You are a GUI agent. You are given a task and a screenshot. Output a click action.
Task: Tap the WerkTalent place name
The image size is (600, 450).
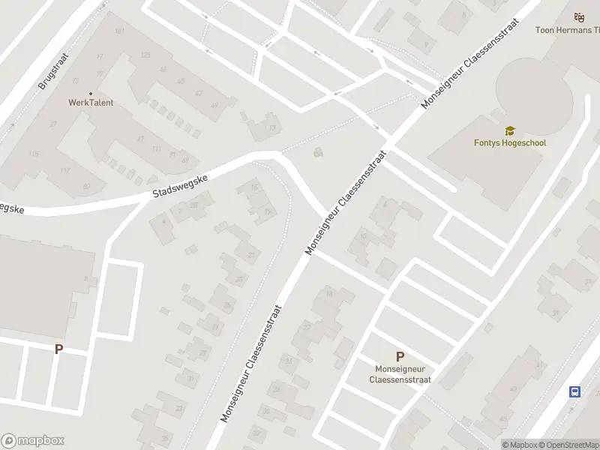(91, 103)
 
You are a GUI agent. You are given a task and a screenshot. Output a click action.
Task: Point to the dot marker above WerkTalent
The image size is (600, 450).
(91, 93)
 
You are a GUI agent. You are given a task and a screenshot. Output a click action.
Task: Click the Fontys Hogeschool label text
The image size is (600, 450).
(510, 142)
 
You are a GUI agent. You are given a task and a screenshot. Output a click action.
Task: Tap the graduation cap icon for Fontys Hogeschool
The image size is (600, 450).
(510, 130)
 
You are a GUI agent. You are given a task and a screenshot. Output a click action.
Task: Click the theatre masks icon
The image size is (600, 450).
(578, 16)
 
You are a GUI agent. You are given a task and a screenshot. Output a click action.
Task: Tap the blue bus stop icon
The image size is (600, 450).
(575, 391)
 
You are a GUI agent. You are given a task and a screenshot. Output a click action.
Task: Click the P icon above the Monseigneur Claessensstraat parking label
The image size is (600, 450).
(400, 357)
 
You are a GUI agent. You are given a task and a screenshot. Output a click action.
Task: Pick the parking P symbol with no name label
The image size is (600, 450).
(58, 349)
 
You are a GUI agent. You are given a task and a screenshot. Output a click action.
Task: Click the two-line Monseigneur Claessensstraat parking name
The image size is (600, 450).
(400, 374)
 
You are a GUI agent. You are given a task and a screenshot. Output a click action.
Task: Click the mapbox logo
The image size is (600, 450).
(33, 441)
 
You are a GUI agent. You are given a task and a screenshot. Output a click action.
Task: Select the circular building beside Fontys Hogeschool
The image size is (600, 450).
(534, 95)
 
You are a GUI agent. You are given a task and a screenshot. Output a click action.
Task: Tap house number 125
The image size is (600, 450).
(145, 55)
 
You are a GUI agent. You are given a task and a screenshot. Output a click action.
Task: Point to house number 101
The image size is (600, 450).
(119, 31)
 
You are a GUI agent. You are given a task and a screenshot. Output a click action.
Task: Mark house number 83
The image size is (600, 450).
(87, 186)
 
